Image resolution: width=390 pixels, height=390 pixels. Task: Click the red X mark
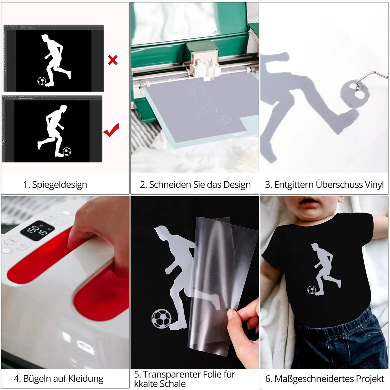(x=113, y=60)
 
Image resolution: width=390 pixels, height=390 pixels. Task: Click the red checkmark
(x=111, y=130)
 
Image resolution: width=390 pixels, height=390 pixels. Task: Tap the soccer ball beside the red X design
(x=42, y=81)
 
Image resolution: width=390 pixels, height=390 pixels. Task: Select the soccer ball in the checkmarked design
(x=67, y=151)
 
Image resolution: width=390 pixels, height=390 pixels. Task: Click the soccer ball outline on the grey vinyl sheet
(x=227, y=119)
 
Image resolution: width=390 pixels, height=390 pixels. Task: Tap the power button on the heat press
(x=6, y=251)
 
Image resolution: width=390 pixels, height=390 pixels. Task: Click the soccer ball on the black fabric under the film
(x=161, y=319)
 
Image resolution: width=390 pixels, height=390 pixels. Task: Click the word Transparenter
(x=171, y=375)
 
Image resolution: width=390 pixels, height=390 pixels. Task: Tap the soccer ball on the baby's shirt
(x=311, y=290)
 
